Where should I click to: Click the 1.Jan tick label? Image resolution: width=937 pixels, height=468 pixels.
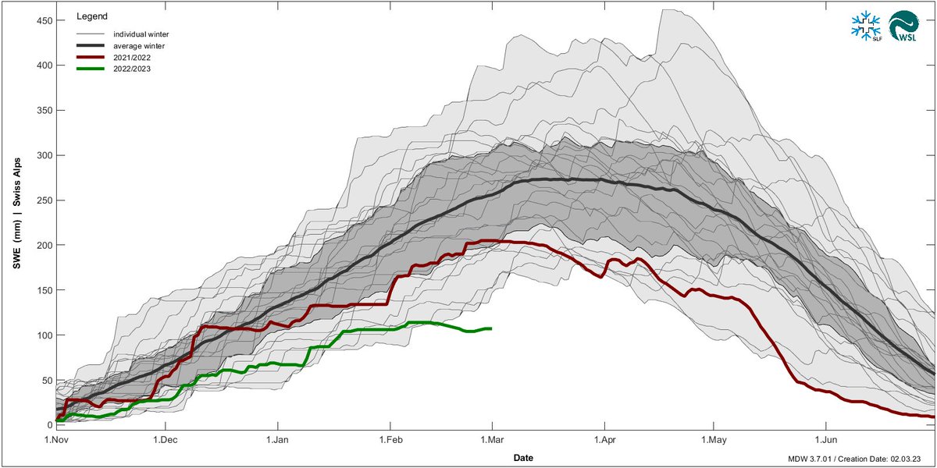tap(279, 439)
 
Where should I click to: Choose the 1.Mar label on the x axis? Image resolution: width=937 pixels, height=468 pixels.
tap(492, 439)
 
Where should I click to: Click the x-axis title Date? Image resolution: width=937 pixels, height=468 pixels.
tap(524, 456)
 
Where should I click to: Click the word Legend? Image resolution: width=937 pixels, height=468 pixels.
tap(92, 16)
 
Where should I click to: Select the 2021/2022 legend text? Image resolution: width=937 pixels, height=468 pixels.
tap(133, 57)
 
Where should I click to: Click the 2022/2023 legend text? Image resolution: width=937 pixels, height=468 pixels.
tap(133, 68)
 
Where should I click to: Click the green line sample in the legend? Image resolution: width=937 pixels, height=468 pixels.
tap(91, 68)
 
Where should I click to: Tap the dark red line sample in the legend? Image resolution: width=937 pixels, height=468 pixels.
tap(91, 57)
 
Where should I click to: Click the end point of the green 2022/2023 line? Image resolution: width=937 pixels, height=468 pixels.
tap(491, 328)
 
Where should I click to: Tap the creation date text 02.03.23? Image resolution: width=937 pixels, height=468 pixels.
tap(909, 456)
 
